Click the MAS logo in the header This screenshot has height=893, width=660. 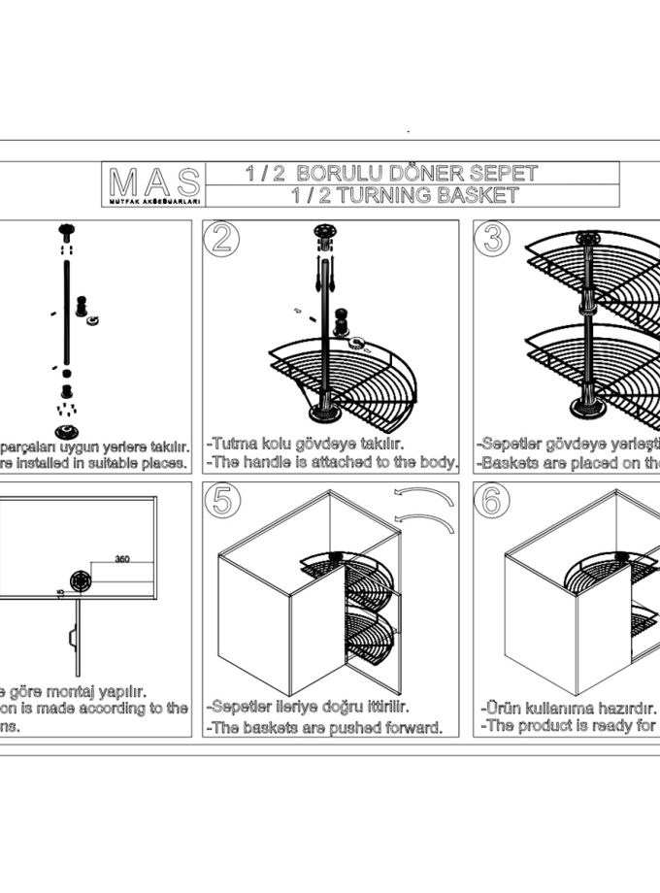tap(154, 182)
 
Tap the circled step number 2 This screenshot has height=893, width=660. tap(221, 239)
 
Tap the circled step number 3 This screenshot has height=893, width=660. tap(493, 239)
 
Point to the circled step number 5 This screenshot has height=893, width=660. tap(221, 501)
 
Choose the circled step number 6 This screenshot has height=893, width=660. tap(493, 501)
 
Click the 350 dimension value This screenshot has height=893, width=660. tap(122, 559)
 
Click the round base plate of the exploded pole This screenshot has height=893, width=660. tap(67, 430)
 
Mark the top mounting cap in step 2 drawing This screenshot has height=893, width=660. tap(324, 233)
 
